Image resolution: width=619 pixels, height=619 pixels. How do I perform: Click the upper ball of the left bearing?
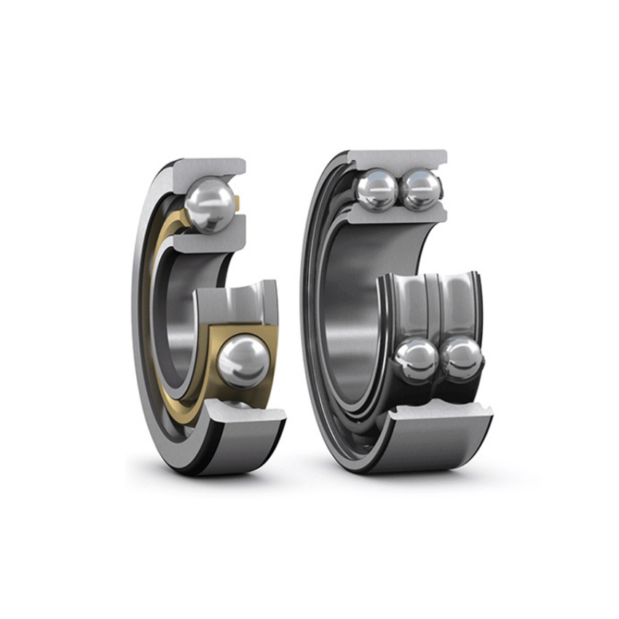click(x=210, y=206)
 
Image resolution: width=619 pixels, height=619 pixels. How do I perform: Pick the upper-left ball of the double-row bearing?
click(x=377, y=189)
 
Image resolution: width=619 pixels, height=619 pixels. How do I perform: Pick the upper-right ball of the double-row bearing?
click(x=421, y=189)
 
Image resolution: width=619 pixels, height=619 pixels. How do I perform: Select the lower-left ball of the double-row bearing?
click(x=417, y=359)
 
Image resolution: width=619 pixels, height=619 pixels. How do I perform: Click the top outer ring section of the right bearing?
click(x=397, y=159)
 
